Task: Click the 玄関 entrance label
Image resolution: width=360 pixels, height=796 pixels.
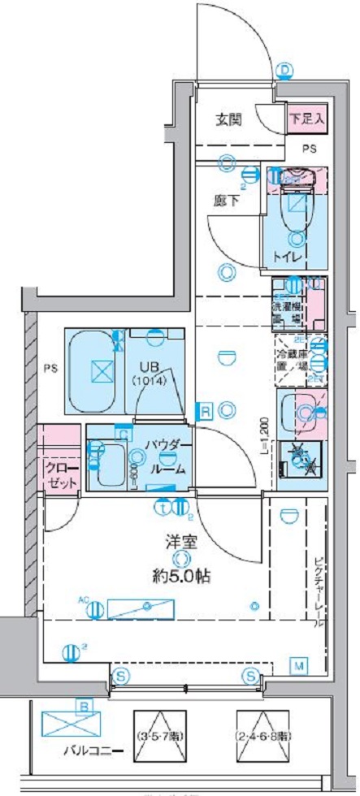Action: coord(229,119)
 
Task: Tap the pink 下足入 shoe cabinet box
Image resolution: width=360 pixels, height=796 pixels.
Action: coord(307,118)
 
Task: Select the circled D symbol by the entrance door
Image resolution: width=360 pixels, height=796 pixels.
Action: coord(284,71)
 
